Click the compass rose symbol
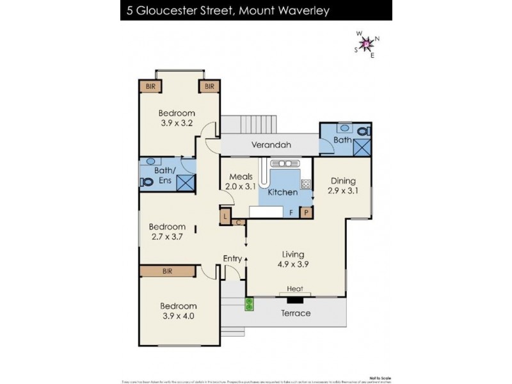point(367,44)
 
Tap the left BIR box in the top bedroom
point(150,86)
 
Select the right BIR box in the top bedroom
point(209,86)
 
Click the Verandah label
point(271,145)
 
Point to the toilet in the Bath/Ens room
point(147,181)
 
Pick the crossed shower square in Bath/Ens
point(186,182)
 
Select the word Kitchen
point(282,192)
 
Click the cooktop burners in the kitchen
point(306,184)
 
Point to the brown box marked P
point(306,212)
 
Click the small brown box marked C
point(239,222)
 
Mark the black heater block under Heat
point(294,300)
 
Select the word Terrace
point(296,313)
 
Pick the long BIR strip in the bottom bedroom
point(167,271)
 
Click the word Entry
point(232,258)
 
